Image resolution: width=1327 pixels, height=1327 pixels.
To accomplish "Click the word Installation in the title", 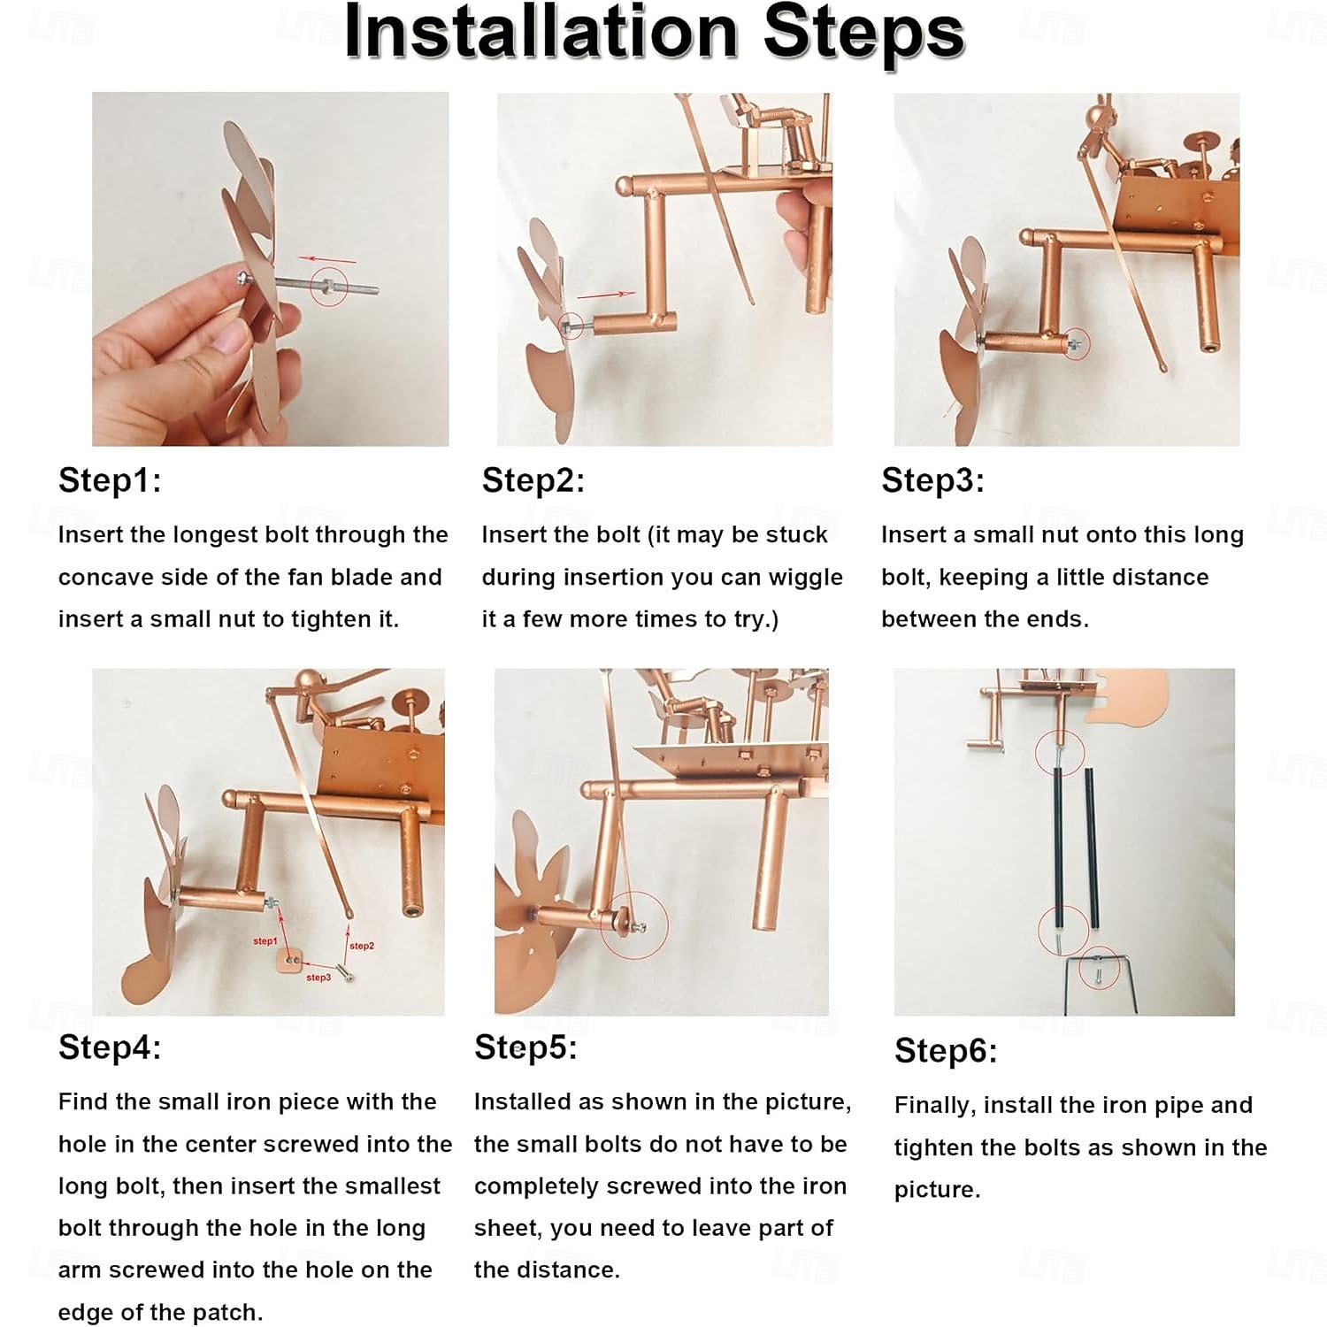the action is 541,33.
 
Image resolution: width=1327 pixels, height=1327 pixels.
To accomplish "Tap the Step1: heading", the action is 110,480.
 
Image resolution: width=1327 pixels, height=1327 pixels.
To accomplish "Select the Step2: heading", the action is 533,480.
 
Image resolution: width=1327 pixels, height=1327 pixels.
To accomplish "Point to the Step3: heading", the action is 932,480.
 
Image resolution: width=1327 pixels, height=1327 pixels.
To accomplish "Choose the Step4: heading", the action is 110,1047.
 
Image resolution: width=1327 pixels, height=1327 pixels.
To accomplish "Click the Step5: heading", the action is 525,1047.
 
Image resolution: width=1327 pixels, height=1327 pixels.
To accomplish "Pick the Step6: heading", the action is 946,1051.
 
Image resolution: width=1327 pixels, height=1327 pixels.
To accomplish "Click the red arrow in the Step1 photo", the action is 326,260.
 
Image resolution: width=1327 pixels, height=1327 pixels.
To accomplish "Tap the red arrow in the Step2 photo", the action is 606,294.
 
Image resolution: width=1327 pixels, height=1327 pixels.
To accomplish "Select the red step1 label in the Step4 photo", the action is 265,940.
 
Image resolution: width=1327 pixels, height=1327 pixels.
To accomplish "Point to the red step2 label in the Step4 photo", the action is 361,946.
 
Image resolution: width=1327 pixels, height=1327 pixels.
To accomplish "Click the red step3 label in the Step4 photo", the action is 318,978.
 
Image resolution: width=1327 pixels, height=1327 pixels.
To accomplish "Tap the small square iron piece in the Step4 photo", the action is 289,959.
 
